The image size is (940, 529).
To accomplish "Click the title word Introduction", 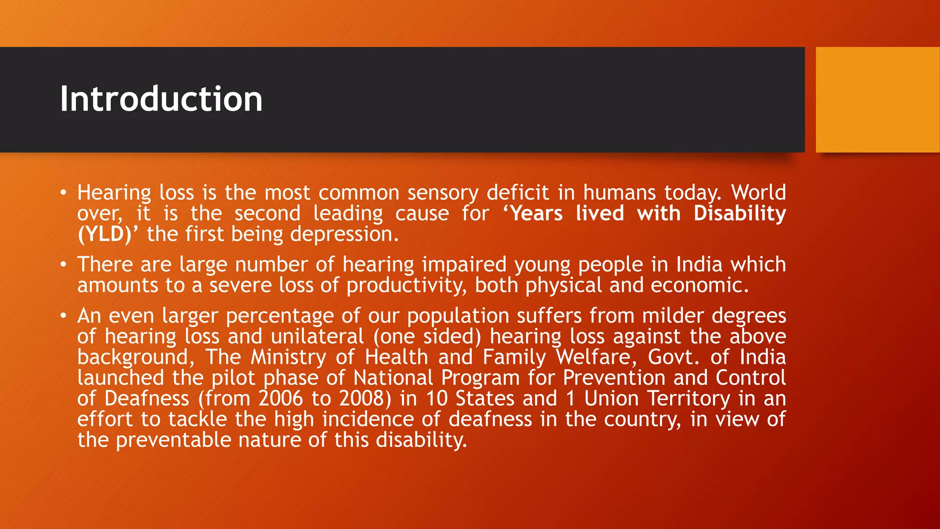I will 161,99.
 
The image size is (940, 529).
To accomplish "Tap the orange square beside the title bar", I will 877,99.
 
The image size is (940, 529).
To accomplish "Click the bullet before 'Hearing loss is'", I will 63,192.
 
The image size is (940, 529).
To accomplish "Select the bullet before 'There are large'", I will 63,264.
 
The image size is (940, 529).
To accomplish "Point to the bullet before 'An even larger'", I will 63,316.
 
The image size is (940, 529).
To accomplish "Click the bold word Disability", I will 739,214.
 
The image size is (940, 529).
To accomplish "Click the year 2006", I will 281,398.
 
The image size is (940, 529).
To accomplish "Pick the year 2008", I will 365,398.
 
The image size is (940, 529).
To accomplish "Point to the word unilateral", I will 317,336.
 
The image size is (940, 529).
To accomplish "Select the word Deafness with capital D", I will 147,398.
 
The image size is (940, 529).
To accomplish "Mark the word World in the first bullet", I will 758,192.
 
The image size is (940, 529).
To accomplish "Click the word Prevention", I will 614,377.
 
